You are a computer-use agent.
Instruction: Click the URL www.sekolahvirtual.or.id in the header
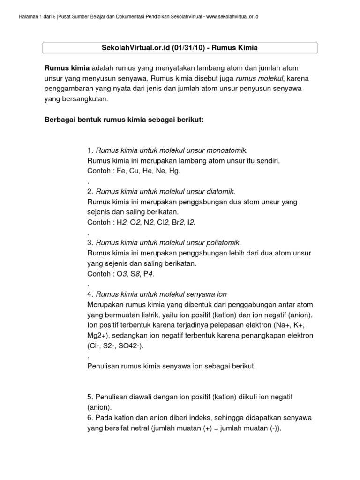[233, 17]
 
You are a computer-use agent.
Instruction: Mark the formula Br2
[178, 222]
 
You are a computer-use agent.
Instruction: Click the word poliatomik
[224, 243]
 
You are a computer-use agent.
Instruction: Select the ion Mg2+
[97, 336]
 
